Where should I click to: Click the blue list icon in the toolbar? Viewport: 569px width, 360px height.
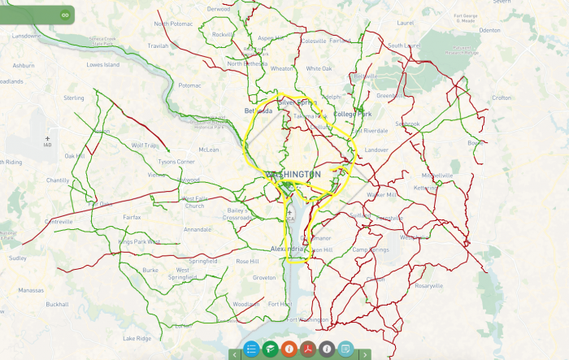coord(250,349)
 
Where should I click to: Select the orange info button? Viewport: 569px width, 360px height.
coord(289,349)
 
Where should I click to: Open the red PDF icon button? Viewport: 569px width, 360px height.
coord(307,349)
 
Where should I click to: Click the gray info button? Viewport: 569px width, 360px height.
coord(326,349)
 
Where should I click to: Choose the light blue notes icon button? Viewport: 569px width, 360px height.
coord(345,349)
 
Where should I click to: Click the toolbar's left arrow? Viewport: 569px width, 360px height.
coord(234,354)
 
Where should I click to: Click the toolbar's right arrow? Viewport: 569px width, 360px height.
coord(365,354)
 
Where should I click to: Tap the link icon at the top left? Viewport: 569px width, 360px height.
coord(65,15)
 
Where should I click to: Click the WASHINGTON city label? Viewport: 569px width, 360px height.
coord(293,175)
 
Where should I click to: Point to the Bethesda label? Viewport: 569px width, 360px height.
coord(258,111)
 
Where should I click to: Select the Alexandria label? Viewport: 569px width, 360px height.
coord(287,249)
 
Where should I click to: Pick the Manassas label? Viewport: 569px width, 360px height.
coord(31,289)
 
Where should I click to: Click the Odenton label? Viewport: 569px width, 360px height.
coord(490,29)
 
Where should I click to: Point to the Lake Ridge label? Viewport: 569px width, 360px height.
coord(137,338)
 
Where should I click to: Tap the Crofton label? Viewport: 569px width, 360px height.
coord(502,98)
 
